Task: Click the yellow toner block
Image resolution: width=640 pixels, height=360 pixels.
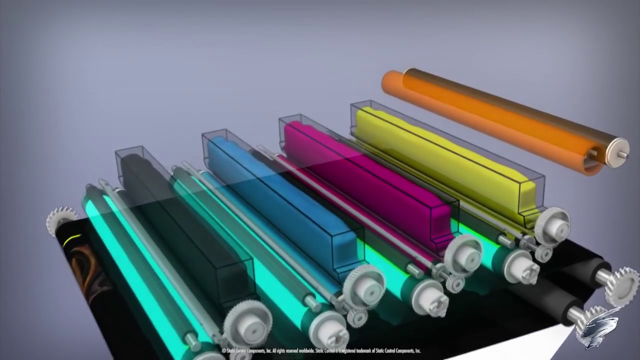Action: click(x=440, y=160)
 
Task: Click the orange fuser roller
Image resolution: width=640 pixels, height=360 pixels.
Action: click(x=490, y=117)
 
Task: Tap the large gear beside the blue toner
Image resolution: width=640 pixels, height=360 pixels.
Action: click(x=364, y=286)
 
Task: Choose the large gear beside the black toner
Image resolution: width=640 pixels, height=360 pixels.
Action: click(x=247, y=323)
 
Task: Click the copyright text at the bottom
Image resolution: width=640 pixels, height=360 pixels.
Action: click(x=320, y=351)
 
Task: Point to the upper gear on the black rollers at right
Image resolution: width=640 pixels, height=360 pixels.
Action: click(x=621, y=284)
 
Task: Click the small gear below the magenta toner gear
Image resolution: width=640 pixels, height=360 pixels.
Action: click(x=454, y=283)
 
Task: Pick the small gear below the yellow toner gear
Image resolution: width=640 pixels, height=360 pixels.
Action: click(x=543, y=253)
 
